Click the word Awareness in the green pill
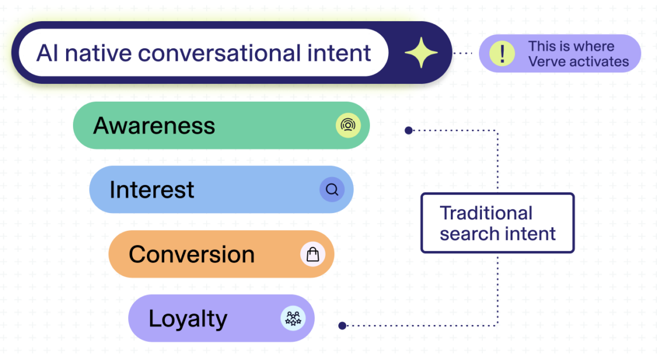coord(154,125)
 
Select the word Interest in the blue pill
coord(152,189)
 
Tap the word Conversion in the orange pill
coord(191,254)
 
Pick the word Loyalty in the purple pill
coord(188,319)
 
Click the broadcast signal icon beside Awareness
coord(348,125)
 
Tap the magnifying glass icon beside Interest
coord(332,189)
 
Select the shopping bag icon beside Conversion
coord(312,254)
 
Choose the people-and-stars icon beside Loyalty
coord(293,318)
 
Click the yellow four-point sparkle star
coord(421,53)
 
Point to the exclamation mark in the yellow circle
coord(503,53)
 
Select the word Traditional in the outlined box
coord(486,213)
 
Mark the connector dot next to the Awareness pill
coord(408,130)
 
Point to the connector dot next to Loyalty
coord(342,326)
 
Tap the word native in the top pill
coord(98,53)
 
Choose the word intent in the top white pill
coord(342,53)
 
